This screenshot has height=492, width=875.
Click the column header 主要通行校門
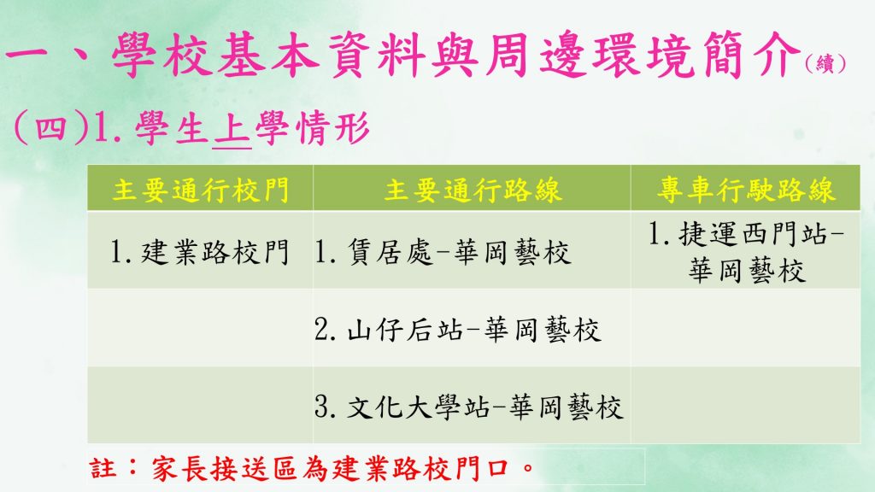(x=200, y=190)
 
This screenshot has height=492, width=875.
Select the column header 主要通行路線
(x=473, y=190)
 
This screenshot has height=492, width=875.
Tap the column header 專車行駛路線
(x=745, y=190)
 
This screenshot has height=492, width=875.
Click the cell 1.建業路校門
(x=199, y=252)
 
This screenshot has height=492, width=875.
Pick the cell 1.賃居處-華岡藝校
(x=443, y=252)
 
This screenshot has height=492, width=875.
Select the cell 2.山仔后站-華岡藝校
(x=458, y=329)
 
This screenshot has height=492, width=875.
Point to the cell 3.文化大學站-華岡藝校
(x=468, y=406)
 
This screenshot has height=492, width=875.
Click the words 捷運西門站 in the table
(x=753, y=234)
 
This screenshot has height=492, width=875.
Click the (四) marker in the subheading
(x=50, y=129)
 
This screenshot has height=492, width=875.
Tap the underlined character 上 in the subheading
(x=232, y=129)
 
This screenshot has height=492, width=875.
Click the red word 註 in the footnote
(x=103, y=468)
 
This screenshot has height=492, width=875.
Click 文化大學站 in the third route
(x=419, y=406)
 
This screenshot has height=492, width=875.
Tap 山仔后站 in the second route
(x=404, y=329)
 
